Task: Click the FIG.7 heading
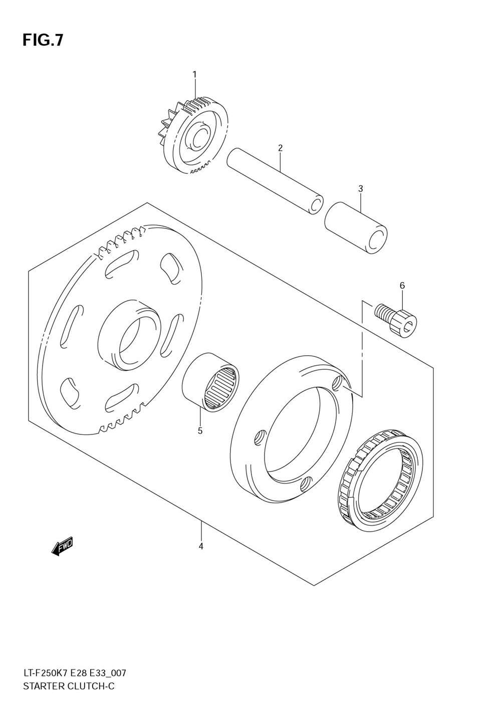43,40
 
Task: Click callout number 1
195,75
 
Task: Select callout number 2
280,148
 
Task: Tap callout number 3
360,189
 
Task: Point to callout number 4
201,546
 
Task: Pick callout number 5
200,430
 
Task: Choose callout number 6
402,286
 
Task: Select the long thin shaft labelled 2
273,180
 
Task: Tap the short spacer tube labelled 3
356,227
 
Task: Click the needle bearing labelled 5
210,383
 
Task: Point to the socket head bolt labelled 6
396,320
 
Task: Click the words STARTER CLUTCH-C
69,686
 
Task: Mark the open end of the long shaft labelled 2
316,205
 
